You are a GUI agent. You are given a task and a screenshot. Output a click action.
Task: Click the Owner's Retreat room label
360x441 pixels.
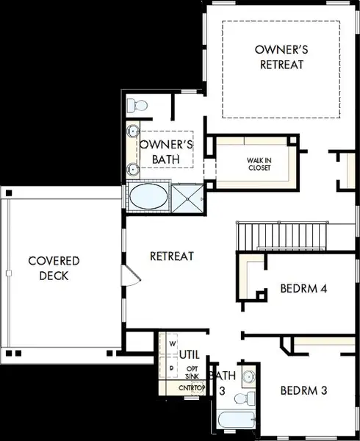pyautogui.click(x=281, y=57)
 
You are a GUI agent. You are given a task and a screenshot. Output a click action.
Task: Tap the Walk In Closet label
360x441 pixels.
pyautogui.click(x=259, y=164)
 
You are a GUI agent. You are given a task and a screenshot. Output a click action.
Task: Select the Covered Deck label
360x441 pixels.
pyautogui.click(x=54, y=268)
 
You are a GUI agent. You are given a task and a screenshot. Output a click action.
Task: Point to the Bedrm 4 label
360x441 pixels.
pyautogui.click(x=303, y=289)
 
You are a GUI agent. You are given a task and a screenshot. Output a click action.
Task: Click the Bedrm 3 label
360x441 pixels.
pyautogui.click(x=303, y=390)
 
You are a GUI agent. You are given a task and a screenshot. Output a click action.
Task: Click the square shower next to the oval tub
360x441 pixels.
pyautogui.click(x=187, y=199)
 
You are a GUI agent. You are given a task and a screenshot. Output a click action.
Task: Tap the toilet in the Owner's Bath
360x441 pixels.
pyautogui.click(x=137, y=105)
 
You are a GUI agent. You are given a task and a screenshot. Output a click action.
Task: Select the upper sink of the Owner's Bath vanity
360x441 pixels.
pyautogui.click(x=133, y=131)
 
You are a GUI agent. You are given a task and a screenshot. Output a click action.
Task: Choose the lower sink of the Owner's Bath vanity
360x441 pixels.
pyautogui.click(x=133, y=169)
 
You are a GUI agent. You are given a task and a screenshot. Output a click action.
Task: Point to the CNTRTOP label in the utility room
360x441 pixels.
pyautogui.click(x=192, y=388)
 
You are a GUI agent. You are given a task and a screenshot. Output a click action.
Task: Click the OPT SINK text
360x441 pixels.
pyautogui.click(x=192, y=373)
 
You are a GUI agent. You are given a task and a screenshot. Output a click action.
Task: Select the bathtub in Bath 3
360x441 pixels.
pyautogui.click(x=237, y=420)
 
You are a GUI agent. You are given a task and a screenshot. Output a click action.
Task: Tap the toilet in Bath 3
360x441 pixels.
pyautogui.click(x=245, y=398)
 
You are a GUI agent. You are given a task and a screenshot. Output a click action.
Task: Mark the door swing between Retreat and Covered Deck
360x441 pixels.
pyautogui.click(x=131, y=276)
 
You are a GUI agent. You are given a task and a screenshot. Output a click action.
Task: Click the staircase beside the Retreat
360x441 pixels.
pyautogui.click(x=282, y=236)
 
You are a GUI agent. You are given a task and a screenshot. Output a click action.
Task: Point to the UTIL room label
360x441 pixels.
pyautogui.click(x=189, y=355)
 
